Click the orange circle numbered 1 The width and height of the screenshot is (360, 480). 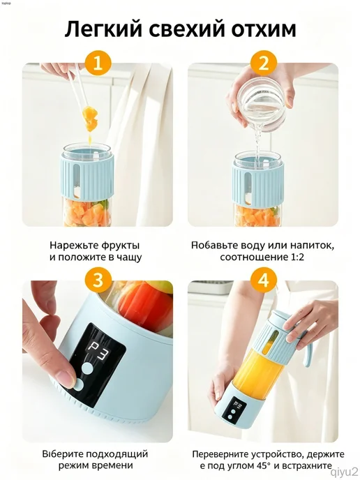pyautogui.click(x=98, y=64)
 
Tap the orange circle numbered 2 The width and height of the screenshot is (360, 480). pyautogui.click(x=263, y=64)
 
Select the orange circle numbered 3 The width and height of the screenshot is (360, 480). pyautogui.click(x=98, y=280)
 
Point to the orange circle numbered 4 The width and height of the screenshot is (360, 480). pyautogui.click(x=263, y=280)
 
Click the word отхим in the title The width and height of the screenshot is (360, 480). pyautogui.click(x=264, y=29)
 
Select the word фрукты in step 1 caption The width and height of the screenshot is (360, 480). pyautogui.click(x=119, y=246)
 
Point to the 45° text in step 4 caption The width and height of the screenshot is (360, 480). pyautogui.click(x=264, y=466)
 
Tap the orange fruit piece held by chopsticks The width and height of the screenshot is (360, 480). pyautogui.click(x=89, y=119)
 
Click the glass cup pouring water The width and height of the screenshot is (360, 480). pyautogui.click(x=262, y=103)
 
